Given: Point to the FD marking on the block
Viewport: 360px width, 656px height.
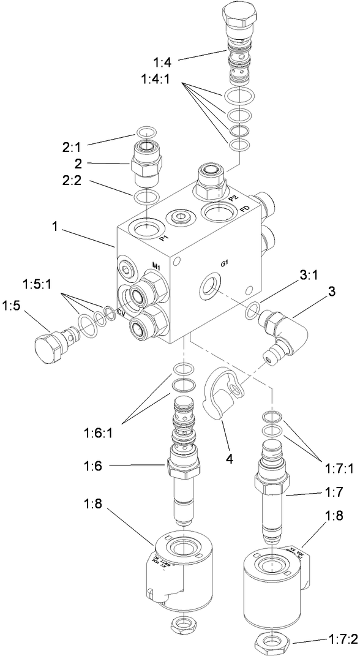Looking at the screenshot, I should (x=245, y=208).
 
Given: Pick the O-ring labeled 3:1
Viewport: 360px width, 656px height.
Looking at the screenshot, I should (x=252, y=312).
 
